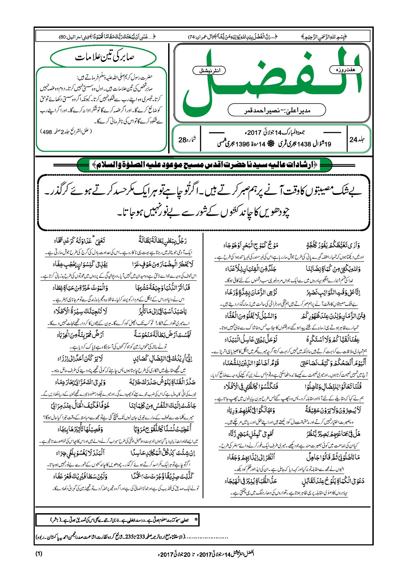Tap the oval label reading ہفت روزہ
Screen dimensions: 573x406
346,70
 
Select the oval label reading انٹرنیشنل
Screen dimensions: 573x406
209,71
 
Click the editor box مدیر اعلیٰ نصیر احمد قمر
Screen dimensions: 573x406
277,110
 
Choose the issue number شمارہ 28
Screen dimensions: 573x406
187,140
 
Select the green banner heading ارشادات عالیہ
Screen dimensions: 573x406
204,165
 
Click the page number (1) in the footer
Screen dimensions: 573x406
39,554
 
